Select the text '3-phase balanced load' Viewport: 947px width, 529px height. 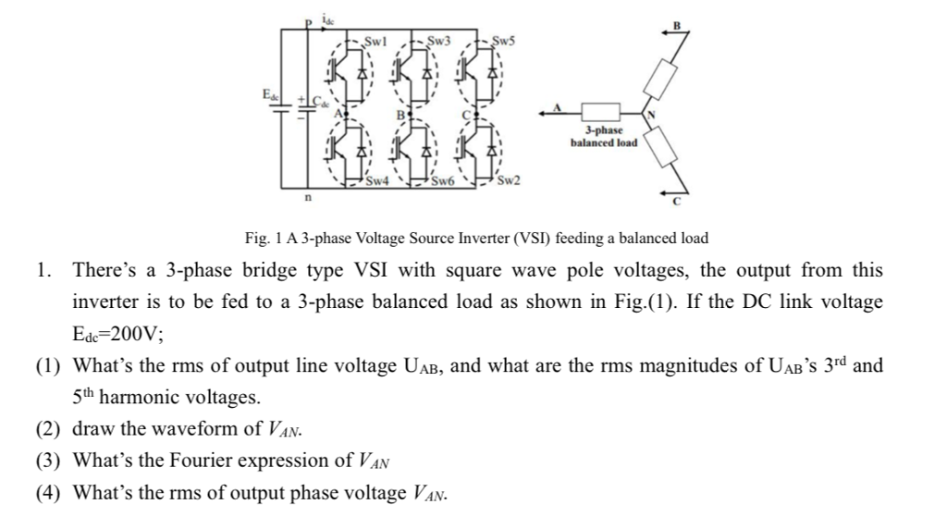point(604,138)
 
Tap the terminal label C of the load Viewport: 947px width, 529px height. point(676,200)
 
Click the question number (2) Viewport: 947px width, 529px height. point(48,428)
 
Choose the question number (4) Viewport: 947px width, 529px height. point(48,491)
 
